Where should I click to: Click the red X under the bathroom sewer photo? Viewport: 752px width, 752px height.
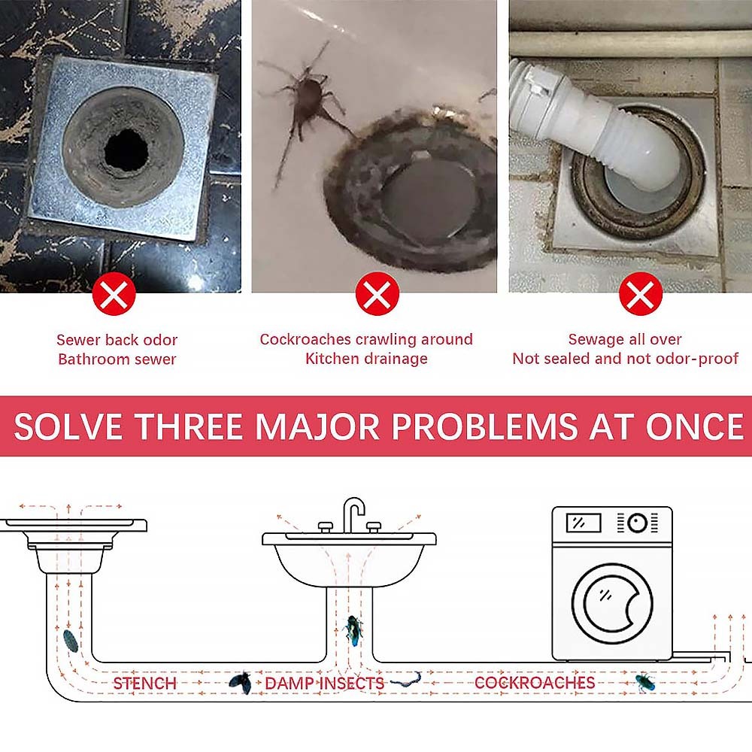(x=114, y=293)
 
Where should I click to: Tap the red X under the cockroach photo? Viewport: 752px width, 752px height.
(x=378, y=293)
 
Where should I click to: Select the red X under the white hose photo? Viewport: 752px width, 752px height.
(x=641, y=293)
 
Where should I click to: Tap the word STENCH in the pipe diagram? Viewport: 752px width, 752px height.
(x=145, y=683)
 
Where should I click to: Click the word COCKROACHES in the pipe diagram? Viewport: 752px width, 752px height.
(x=535, y=683)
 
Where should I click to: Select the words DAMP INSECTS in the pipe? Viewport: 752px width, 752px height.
(x=325, y=683)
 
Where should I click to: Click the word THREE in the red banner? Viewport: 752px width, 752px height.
(x=189, y=426)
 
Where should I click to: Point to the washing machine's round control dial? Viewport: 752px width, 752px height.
(x=638, y=523)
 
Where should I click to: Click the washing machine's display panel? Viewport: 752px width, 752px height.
(x=584, y=523)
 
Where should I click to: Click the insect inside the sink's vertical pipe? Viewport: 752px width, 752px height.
(x=353, y=629)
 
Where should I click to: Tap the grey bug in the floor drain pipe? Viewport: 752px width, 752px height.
(x=71, y=641)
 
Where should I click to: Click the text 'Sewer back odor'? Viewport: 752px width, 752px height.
(x=117, y=340)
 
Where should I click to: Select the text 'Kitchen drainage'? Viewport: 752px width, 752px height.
(x=366, y=359)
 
